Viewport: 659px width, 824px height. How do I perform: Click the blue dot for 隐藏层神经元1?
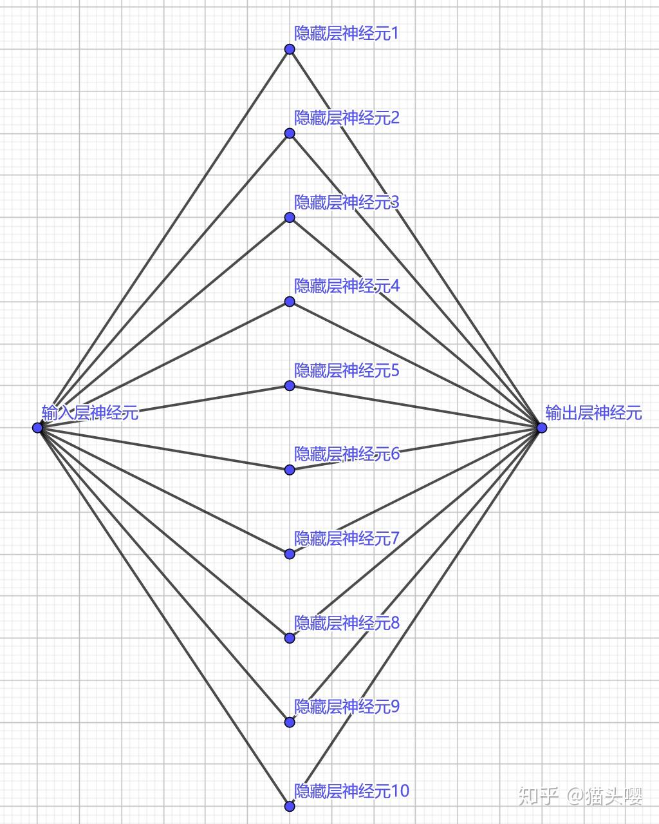290,50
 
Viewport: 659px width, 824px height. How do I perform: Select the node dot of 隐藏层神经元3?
290,218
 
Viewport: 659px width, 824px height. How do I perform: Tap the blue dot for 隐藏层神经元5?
290,386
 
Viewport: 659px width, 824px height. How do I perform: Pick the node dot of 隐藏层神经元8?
290,638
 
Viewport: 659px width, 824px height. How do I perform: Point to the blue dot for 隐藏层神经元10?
290,806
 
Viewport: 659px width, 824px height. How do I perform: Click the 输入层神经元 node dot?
37,428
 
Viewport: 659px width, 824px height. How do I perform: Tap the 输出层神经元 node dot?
542,428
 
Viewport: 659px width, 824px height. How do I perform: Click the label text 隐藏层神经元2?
346,118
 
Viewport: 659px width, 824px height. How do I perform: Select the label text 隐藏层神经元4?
346,285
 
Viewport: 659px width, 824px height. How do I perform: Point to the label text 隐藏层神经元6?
346,454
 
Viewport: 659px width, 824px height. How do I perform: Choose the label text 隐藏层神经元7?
346,538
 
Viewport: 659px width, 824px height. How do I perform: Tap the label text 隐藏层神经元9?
346,707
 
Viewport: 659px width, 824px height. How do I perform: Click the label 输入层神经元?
90,412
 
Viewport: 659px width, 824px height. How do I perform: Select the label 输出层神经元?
593,412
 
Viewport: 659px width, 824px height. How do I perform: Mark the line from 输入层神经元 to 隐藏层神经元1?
163,238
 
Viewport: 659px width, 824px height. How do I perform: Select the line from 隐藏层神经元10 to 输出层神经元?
416,617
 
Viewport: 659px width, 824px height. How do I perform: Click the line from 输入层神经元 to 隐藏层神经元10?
163,617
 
